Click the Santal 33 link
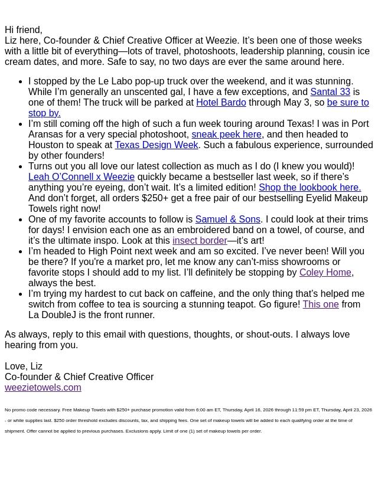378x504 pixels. tap(330, 92)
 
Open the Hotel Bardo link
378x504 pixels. tap(221, 103)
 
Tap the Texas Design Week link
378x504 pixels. tap(157, 145)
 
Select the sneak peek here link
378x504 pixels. tap(226, 135)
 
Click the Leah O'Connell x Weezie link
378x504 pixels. tap(82, 177)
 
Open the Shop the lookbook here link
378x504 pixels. tap(309, 188)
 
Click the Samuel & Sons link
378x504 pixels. tap(227, 220)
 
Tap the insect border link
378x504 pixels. tap(200, 241)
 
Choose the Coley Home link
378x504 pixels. tap(325, 273)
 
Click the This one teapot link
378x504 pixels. tap(321, 305)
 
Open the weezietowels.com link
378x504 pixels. tap(43, 388)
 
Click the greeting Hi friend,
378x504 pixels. tap(24, 30)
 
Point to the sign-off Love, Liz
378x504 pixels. tap(24, 366)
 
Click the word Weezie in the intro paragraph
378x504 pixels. tap(221, 41)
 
